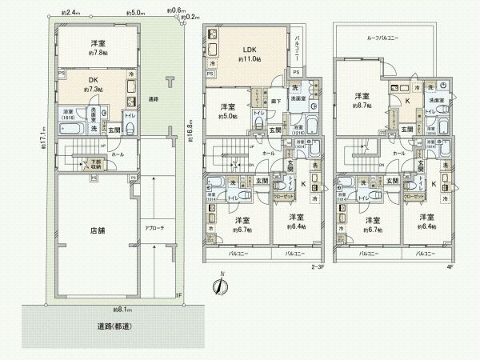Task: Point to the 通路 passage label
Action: (152, 99)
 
